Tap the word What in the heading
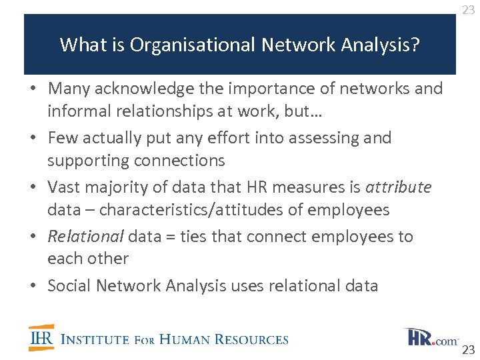tap(78, 45)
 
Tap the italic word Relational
tap(85, 237)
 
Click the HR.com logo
tap(431, 337)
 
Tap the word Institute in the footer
tap(95, 339)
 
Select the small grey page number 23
tap(469, 10)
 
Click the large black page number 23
tap(469, 350)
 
